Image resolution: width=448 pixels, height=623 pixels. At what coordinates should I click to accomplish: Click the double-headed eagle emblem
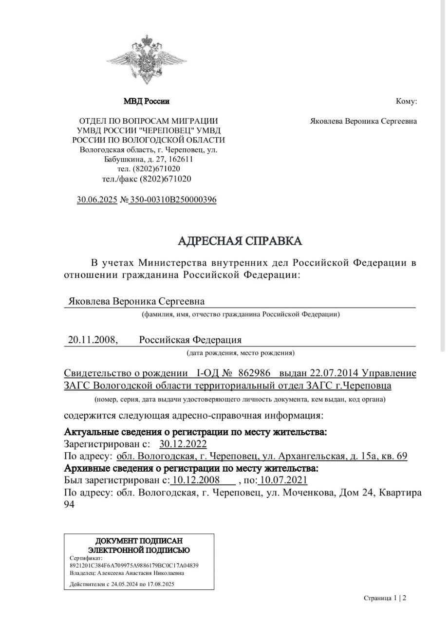(147, 58)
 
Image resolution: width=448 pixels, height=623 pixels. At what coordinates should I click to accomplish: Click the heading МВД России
(147, 102)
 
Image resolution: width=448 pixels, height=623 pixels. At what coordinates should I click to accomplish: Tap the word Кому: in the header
(406, 102)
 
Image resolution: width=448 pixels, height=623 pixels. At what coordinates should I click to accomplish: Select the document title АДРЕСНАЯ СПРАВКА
(240, 241)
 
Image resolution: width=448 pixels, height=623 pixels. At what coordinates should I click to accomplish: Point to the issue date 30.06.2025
(97, 200)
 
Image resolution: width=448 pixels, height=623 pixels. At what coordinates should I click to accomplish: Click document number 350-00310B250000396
(173, 200)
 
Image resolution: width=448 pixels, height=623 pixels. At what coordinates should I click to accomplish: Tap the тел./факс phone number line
(147, 179)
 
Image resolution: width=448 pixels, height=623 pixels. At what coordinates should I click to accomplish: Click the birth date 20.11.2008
(92, 340)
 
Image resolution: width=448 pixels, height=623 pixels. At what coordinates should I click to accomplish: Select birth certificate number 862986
(254, 373)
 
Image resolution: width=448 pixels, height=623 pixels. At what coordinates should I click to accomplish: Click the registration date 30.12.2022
(183, 444)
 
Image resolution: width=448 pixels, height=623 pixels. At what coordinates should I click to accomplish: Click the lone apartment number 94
(69, 505)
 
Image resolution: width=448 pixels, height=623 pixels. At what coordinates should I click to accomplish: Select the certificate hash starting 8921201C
(134, 566)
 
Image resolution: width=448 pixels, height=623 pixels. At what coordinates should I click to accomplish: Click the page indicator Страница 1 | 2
(385, 598)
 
